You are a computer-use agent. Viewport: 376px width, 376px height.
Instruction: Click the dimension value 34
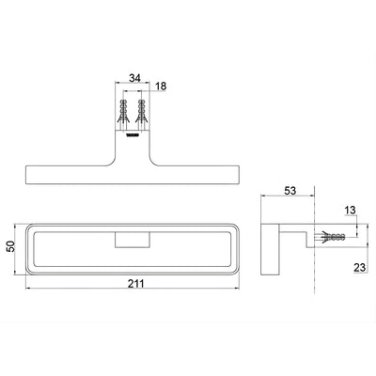click(135, 78)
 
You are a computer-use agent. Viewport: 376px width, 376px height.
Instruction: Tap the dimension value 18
click(161, 86)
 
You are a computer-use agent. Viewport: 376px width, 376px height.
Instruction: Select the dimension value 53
click(290, 191)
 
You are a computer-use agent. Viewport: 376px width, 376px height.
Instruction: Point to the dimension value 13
click(350, 211)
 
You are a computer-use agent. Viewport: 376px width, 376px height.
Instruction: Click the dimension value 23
click(360, 267)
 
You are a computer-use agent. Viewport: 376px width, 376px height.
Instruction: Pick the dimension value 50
click(10, 246)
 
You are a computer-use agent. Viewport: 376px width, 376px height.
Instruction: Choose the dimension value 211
click(136, 283)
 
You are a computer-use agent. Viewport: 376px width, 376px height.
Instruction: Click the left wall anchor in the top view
click(123, 112)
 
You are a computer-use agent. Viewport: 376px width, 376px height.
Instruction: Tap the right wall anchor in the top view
click(142, 112)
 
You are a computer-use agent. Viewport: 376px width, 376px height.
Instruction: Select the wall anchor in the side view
click(332, 236)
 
